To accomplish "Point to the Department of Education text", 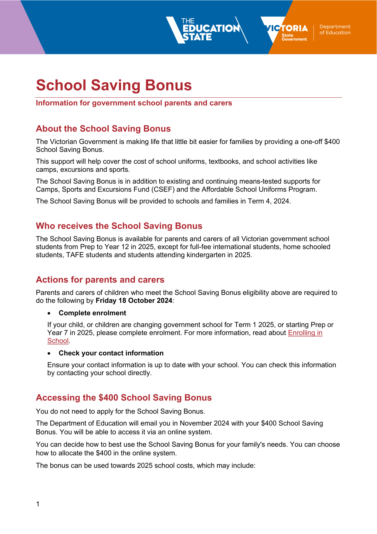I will tap(335, 29).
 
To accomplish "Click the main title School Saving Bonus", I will tap(114, 85).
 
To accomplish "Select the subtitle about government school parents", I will tap(134, 103).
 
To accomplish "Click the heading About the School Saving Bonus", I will tap(103, 129).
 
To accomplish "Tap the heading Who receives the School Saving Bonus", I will tap(119, 226).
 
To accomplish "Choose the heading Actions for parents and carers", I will tap(100, 280).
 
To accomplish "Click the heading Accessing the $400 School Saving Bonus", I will tap(124, 398).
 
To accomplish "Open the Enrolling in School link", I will tap(305, 333).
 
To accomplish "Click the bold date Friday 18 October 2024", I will tap(134, 301).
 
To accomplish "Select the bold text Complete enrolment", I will tap(93, 313).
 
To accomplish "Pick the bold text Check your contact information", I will tap(111, 353).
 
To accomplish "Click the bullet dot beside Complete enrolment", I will tap(49, 313).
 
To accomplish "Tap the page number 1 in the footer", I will tap(38, 504).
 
